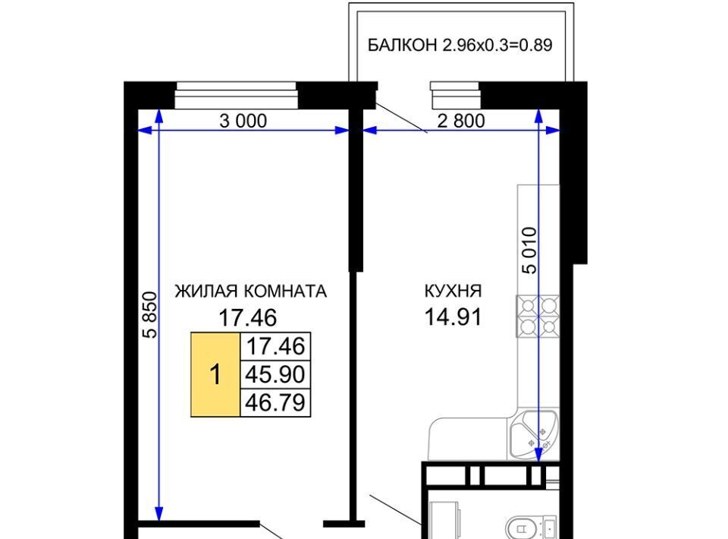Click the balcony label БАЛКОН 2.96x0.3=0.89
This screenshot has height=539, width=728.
click(x=460, y=45)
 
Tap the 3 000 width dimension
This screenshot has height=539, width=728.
click(x=243, y=121)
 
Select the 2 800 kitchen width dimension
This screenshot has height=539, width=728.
click(x=461, y=121)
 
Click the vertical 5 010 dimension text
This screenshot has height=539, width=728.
click(x=530, y=251)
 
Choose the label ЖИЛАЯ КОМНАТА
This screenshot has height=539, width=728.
click(x=251, y=292)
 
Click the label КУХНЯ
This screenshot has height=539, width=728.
click(x=453, y=292)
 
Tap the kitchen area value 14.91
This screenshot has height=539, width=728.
click(x=453, y=317)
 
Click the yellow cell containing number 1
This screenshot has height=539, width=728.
click(x=215, y=374)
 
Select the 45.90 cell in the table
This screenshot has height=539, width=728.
click(x=275, y=374)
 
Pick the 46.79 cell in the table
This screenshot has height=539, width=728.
click(x=275, y=402)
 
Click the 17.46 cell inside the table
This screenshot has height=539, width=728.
click(x=275, y=347)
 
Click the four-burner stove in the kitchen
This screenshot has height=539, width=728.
click(x=538, y=317)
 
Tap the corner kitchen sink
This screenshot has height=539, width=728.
click(x=534, y=434)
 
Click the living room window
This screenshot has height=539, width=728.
click(x=237, y=95)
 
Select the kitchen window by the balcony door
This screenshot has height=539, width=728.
click(x=455, y=95)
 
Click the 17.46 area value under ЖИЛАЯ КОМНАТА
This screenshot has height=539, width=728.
click(x=247, y=318)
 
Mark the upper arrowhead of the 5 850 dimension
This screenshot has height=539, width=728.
click(x=159, y=115)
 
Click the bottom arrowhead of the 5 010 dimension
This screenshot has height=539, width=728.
click(x=538, y=455)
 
